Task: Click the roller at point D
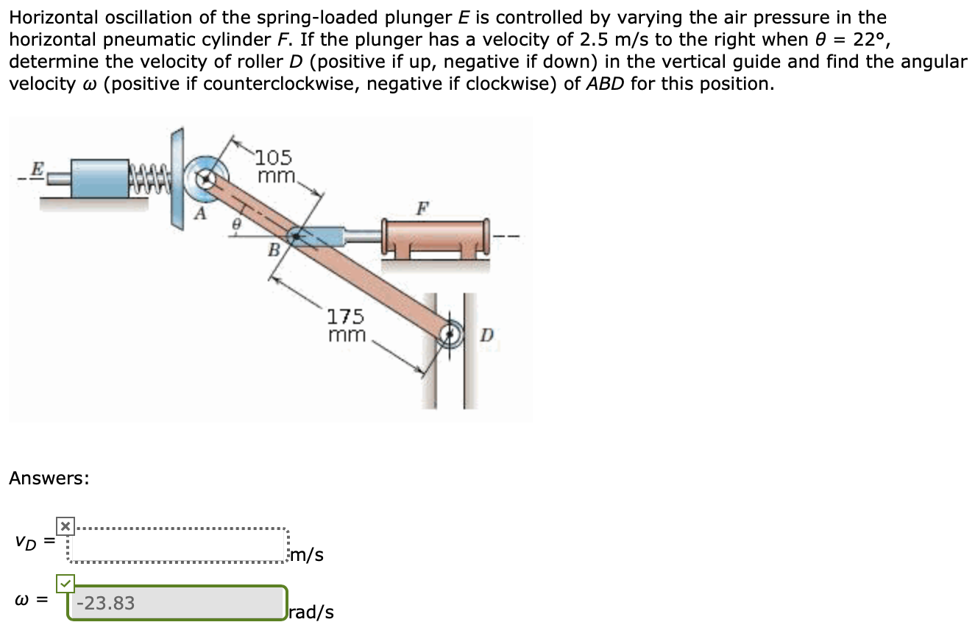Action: click(449, 335)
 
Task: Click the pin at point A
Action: click(208, 177)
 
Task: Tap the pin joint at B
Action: click(294, 236)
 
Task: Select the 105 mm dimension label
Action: click(276, 167)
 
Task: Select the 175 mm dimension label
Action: click(346, 325)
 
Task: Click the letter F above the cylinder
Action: click(422, 208)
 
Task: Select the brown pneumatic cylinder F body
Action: click(434, 236)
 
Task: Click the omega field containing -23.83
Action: click(177, 604)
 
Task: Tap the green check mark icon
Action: click(65, 584)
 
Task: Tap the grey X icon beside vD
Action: click(65, 526)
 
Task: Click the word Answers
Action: click(49, 478)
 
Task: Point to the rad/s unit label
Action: click(312, 612)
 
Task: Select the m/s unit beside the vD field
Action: click(307, 554)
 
